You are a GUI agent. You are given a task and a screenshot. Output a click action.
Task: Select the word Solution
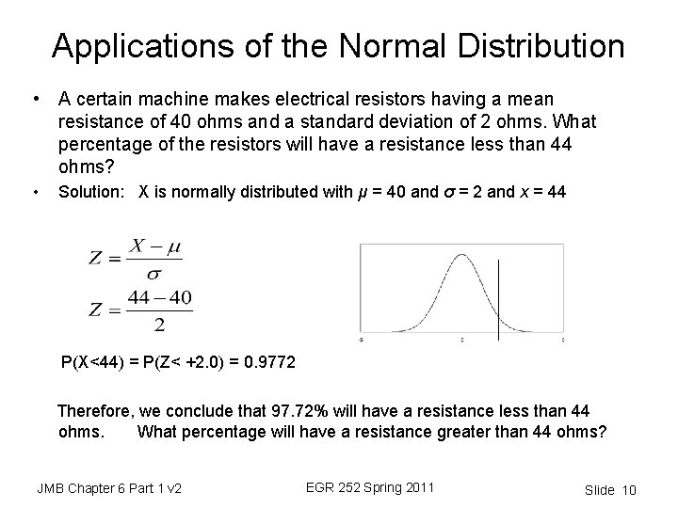tap(92, 193)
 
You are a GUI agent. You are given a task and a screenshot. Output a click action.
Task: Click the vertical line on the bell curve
tap(498, 292)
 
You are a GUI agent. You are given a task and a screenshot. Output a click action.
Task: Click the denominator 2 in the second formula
tap(158, 325)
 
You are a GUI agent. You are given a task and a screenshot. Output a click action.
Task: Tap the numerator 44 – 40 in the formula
tap(158, 299)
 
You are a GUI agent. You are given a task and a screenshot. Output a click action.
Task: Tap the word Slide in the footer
tap(599, 490)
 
